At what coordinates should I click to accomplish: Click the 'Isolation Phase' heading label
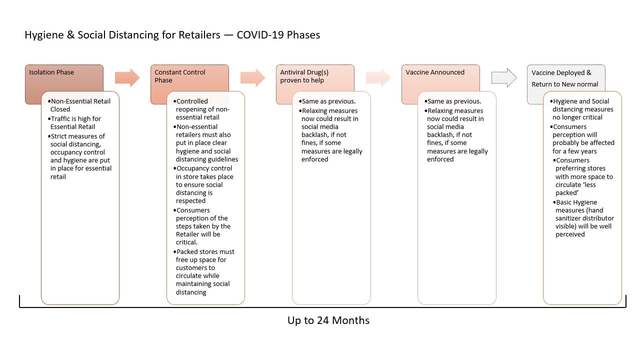[51, 72]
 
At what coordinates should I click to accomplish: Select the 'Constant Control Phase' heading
[179, 76]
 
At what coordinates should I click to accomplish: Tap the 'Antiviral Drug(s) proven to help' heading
[304, 76]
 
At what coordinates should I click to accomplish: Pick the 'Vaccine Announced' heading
[435, 72]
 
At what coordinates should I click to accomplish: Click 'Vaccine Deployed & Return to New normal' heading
[564, 78]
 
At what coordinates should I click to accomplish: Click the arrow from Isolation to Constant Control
[127, 77]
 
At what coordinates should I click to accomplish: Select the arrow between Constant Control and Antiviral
[252, 77]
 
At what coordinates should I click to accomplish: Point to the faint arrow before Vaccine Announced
[378, 77]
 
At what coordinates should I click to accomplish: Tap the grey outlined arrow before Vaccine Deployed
[504, 77]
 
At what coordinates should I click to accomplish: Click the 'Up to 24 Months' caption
[328, 320]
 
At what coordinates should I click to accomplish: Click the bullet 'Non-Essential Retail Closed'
[79, 105]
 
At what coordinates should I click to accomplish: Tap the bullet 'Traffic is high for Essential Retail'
[74, 122]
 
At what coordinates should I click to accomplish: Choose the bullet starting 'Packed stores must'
[203, 271]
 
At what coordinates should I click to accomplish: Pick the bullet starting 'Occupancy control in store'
[203, 184]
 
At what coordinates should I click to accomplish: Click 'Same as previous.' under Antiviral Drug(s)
[327, 101]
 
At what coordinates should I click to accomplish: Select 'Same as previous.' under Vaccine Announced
[452, 101]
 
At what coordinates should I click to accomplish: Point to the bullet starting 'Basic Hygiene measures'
[583, 218]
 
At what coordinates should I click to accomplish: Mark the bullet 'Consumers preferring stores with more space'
[583, 176]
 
